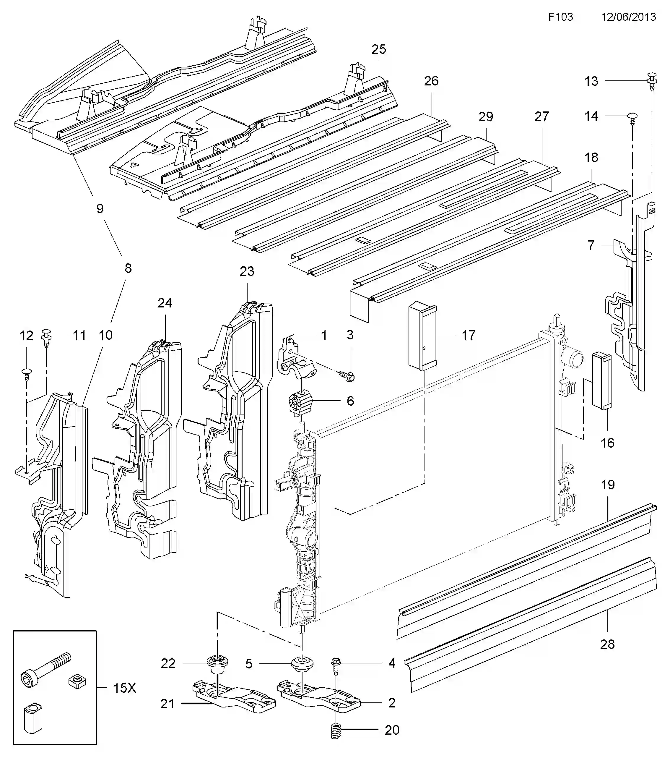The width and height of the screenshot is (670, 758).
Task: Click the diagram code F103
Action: click(x=560, y=17)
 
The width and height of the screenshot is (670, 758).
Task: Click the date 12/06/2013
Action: click(x=629, y=17)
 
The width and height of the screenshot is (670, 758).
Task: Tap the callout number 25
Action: click(x=379, y=49)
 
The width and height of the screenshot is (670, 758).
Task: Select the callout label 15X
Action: click(x=124, y=688)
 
